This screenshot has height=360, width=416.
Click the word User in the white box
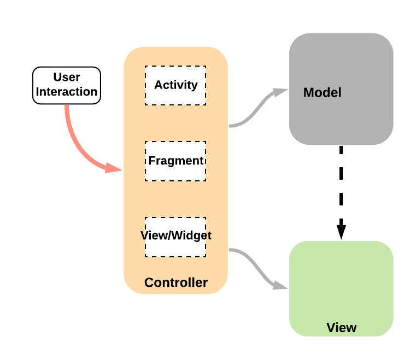pyautogui.click(x=67, y=78)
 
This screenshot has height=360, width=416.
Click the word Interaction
pyautogui.click(x=67, y=92)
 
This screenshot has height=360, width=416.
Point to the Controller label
pyautogui.click(x=175, y=282)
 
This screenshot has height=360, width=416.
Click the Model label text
pyautogui.click(x=322, y=92)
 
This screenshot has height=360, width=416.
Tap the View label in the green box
pyautogui.click(x=341, y=328)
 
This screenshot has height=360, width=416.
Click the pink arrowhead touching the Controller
pyautogui.click(x=114, y=168)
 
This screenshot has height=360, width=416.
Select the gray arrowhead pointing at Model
pyautogui.click(x=281, y=92)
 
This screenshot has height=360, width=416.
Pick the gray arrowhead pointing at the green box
pyautogui.click(x=280, y=285)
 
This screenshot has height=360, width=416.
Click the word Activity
pyautogui.click(x=175, y=85)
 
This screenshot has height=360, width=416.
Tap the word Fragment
pyautogui.click(x=175, y=161)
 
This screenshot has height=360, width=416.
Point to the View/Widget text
pyautogui.click(x=175, y=236)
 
